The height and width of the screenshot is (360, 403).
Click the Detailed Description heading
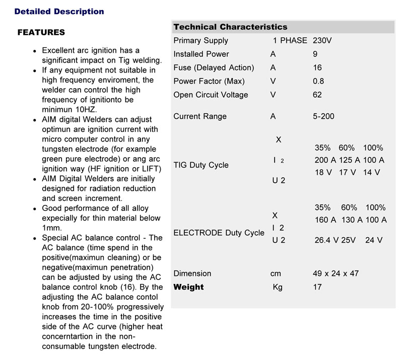point(59,12)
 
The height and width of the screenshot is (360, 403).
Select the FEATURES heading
point(41,33)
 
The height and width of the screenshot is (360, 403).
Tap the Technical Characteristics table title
point(230,27)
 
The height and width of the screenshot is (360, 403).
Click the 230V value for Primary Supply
point(322,41)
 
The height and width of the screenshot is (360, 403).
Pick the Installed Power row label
point(201,54)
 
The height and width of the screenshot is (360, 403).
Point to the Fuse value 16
point(317,68)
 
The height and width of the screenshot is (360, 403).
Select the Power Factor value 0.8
point(318,82)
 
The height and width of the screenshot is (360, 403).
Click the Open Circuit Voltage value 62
point(317,95)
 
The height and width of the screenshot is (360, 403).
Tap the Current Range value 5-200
point(323,117)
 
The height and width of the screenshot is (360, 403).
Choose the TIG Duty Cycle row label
point(200,165)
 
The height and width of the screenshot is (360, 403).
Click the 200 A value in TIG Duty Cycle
point(324,160)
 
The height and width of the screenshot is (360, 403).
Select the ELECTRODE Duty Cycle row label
point(219,233)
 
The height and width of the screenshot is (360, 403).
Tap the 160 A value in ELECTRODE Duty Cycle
point(325,220)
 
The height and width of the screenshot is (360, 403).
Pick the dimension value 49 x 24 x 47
point(335,274)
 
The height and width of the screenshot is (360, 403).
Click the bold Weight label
point(188,287)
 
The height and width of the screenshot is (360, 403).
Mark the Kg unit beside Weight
point(277,287)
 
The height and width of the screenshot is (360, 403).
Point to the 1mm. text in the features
point(50,228)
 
